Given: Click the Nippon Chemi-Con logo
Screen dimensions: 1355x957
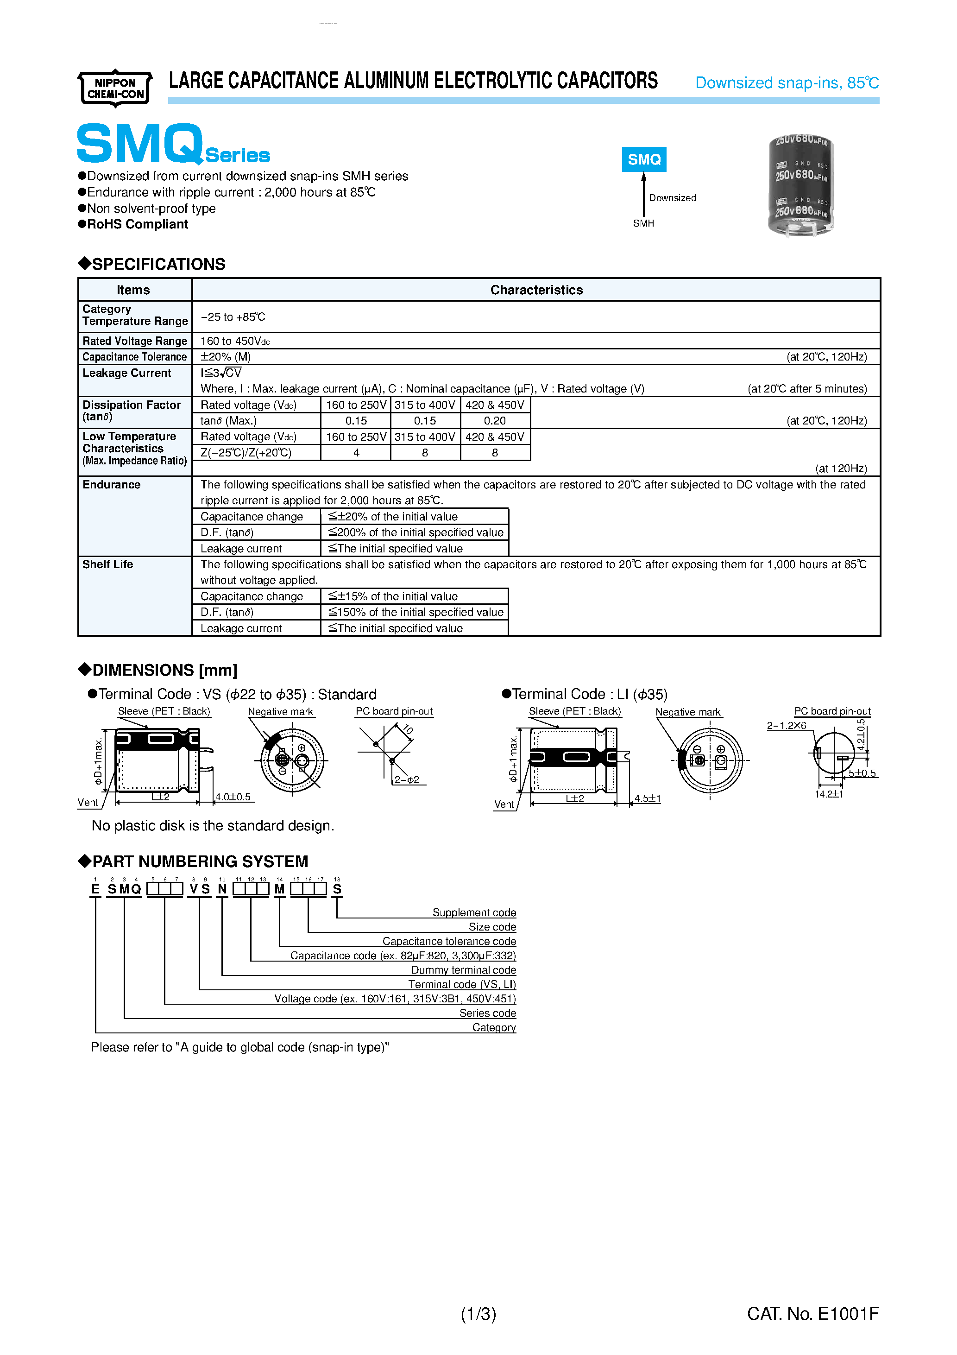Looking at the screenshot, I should [115, 89].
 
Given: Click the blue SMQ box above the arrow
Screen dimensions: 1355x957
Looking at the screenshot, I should [644, 159].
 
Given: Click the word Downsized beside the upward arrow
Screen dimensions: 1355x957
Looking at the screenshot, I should [672, 198].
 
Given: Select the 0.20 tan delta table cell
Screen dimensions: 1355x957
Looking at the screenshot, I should [494, 421].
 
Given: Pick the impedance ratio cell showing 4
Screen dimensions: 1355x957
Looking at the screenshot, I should [356, 453].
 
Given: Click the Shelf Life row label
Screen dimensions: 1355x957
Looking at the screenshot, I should [108, 564].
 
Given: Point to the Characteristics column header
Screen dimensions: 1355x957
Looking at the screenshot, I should [536, 290].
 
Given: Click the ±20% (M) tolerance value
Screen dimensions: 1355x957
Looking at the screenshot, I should [226, 357].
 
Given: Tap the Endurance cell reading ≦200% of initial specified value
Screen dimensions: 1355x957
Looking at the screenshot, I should [416, 532].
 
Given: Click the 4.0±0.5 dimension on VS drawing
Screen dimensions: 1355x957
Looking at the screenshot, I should [233, 797].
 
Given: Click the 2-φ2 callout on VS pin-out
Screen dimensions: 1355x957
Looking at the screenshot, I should [407, 779].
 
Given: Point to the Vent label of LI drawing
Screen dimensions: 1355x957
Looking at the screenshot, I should [504, 804].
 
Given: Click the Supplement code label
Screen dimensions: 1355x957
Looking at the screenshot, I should [474, 912].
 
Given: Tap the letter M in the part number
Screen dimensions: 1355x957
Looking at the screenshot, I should [279, 889].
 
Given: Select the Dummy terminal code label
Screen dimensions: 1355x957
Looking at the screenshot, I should [463, 969].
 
